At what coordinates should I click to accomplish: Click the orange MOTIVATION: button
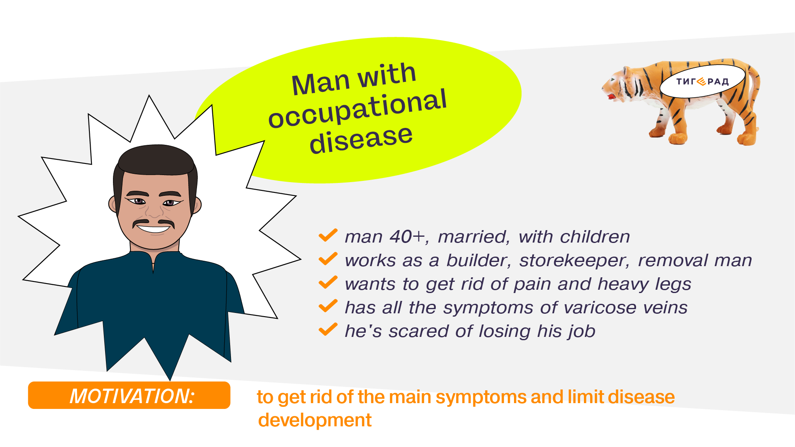tap(129, 395)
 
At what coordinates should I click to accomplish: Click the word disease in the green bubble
tap(361, 139)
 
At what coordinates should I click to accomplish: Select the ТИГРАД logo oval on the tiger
tap(702, 81)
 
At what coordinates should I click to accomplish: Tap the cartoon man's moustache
tap(153, 223)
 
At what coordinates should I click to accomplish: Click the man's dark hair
tap(156, 161)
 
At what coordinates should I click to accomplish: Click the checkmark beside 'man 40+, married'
tap(328, 236)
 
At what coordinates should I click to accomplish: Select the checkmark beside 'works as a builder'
tap(328, 259)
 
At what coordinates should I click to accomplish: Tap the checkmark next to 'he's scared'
tap(328, 330)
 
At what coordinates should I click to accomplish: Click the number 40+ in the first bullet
tap(407, 237)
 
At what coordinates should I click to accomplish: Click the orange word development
tap(315, 421)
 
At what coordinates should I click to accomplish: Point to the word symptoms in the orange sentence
tap(482, 397)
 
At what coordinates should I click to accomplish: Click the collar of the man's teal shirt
tap(154, 258)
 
